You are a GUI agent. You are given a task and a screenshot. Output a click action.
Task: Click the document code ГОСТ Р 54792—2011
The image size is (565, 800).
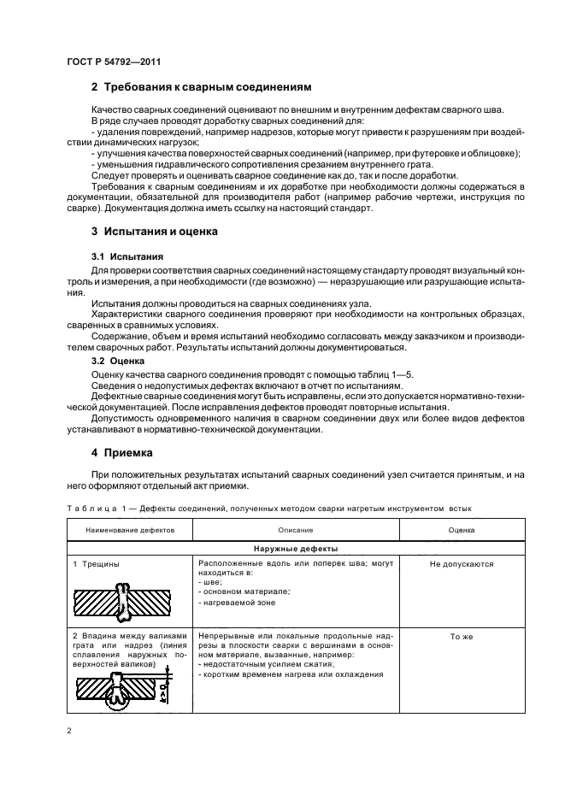tap(114, 62)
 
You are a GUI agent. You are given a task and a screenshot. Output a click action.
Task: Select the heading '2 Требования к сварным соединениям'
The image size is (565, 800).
tap(200, 87)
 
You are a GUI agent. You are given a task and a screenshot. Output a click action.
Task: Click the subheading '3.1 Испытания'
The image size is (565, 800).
tap(128, 256)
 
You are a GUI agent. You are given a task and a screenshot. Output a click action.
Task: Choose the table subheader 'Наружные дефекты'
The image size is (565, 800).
tap(294, 548)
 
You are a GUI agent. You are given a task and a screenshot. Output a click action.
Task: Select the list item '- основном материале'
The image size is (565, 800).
tap(244, 591)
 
